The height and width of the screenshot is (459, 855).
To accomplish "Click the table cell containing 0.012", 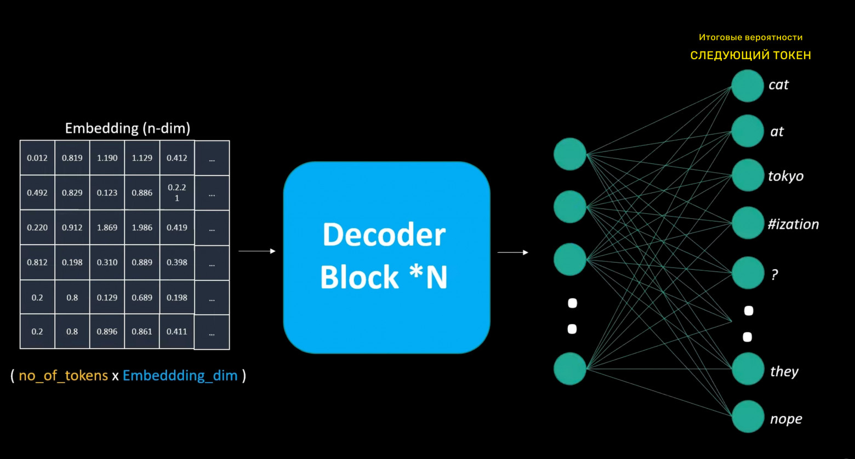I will [37, 158].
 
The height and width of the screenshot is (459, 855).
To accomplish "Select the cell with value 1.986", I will [142, 228].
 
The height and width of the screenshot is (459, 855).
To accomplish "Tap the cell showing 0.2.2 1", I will [177, 193].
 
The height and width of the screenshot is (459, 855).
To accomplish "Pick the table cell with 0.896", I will [107, 332].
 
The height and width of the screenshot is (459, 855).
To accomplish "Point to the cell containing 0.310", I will [107, 263].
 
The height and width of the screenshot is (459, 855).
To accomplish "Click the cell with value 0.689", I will [142, 298].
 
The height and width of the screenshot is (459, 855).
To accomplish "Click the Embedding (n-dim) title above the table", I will [127, 128].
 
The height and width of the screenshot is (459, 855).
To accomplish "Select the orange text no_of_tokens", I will [63, 376].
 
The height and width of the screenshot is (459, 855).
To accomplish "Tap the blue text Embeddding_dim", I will [180, 376].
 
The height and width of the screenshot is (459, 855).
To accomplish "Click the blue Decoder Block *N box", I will [386, 257].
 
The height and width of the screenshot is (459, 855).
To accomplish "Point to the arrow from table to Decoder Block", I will [256, 251].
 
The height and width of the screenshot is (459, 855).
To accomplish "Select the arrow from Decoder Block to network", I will [512, 253].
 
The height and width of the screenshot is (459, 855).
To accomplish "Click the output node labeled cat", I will [747, 86].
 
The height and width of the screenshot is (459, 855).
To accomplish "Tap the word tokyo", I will [785, 176].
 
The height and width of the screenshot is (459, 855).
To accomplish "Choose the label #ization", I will [793, 224].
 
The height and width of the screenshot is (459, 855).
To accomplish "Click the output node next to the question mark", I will [748, 273].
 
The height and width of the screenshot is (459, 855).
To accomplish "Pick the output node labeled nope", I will [748, 417].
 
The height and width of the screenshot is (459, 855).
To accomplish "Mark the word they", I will [784, 372].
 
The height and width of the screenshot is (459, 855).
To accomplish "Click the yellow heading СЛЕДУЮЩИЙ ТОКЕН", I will [750, 55].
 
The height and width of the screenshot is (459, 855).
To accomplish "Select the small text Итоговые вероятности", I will [750, 38].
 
